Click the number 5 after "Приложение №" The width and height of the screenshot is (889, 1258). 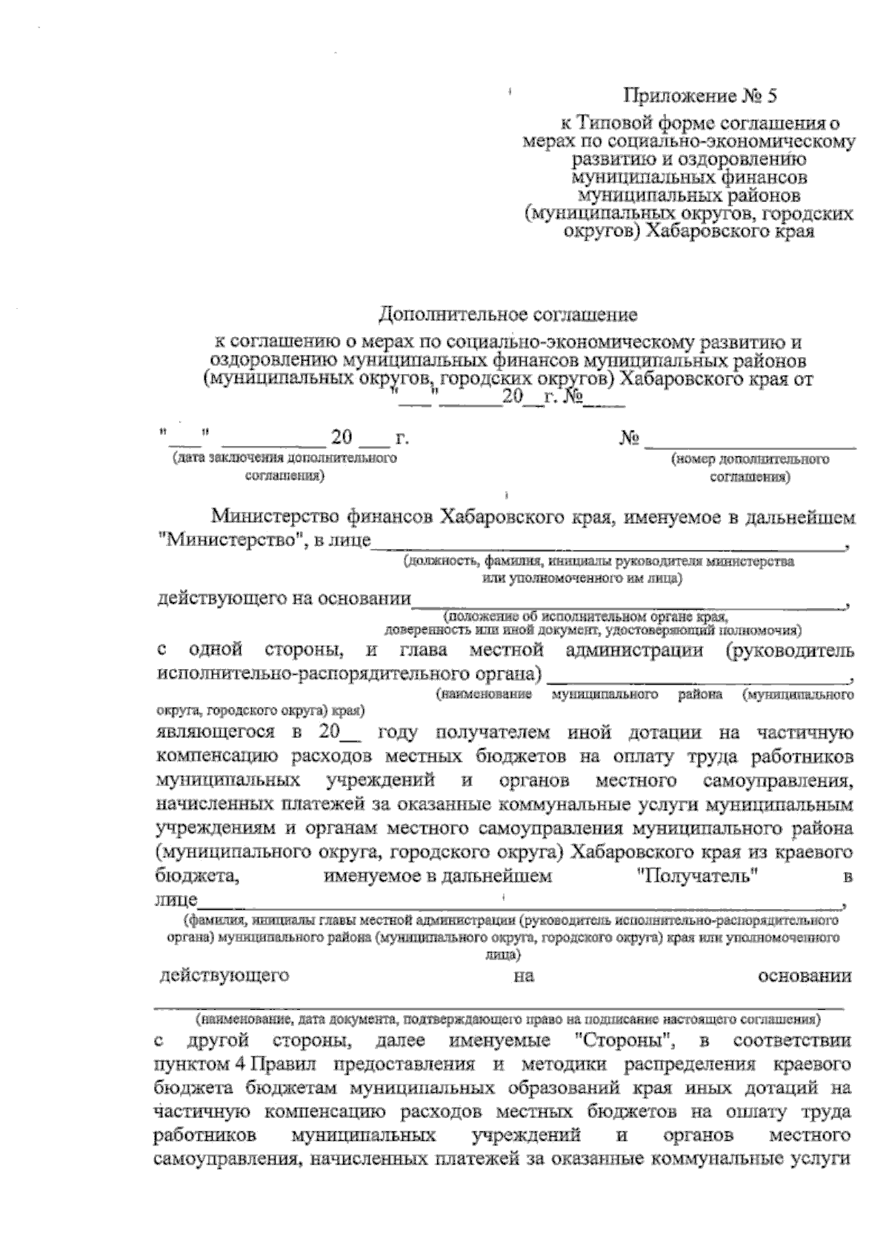[773, 96]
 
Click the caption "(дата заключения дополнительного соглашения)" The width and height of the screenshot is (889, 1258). [284, 467]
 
